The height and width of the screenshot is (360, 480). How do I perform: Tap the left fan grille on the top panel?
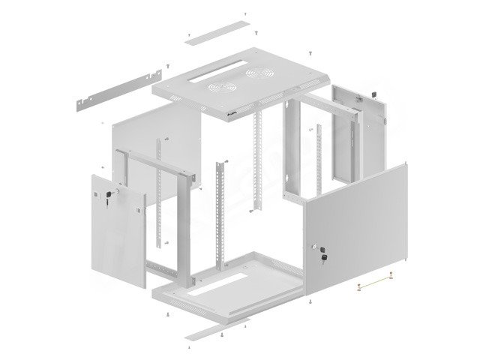tap(221, 86)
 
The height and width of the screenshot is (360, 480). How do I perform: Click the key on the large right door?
tap(324, 258)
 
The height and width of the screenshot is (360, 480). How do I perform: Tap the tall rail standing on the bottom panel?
tap(221, 217)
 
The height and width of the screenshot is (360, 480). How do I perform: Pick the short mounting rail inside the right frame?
tap(319, 157)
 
